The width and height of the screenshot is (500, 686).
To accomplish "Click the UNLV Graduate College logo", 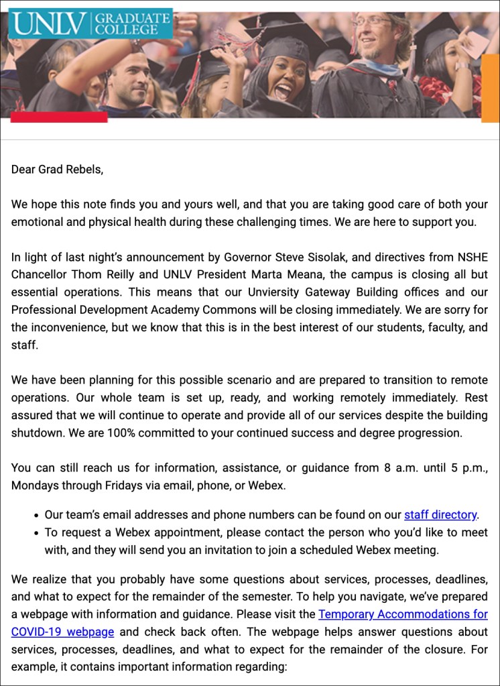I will pos(90,23).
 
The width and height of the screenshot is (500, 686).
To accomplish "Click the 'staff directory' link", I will pos(440,515).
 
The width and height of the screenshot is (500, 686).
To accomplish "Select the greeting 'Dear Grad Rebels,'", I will pos(58,169).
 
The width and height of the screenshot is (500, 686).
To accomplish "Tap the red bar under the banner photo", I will pos(59,117).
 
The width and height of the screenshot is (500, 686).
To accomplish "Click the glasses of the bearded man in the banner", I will pos(371,20).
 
